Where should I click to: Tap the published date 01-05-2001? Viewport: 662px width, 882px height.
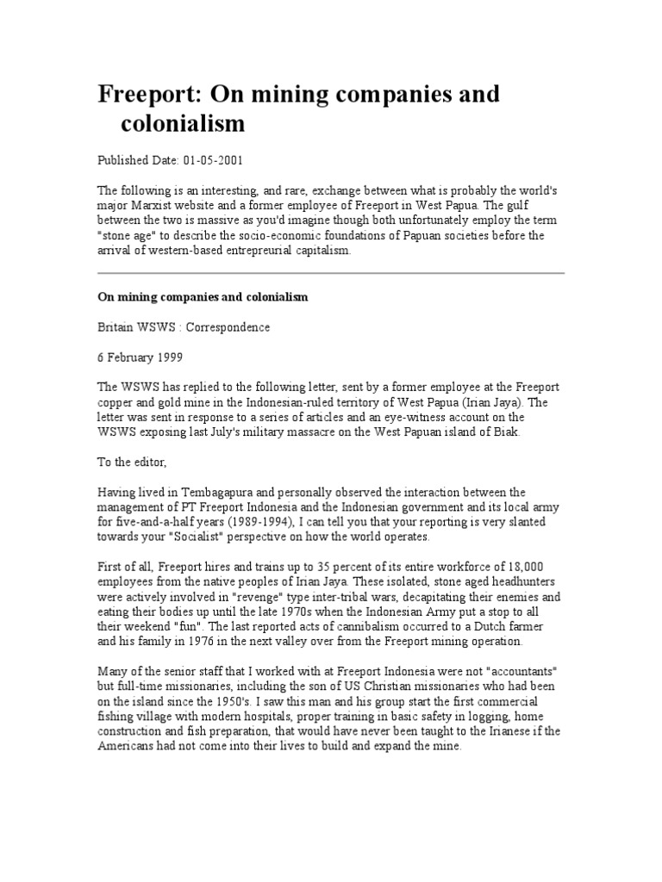coord(215,160)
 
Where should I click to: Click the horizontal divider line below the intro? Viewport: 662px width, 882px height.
coord(330,274)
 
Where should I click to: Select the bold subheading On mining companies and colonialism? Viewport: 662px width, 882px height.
coord(202,297)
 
